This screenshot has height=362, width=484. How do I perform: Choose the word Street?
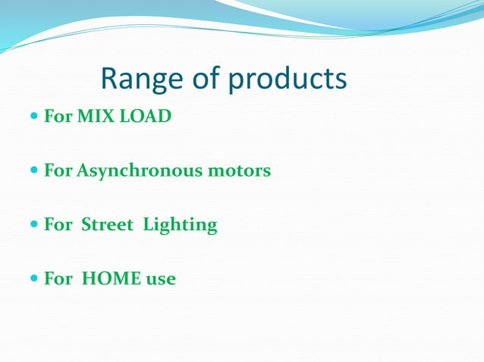105,225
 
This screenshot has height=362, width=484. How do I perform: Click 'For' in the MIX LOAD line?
58,117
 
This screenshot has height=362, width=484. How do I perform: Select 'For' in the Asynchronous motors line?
58,171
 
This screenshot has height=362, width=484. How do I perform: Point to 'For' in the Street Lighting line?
58,225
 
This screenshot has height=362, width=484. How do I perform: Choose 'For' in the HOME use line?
58,279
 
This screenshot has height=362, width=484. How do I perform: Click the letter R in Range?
109,79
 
